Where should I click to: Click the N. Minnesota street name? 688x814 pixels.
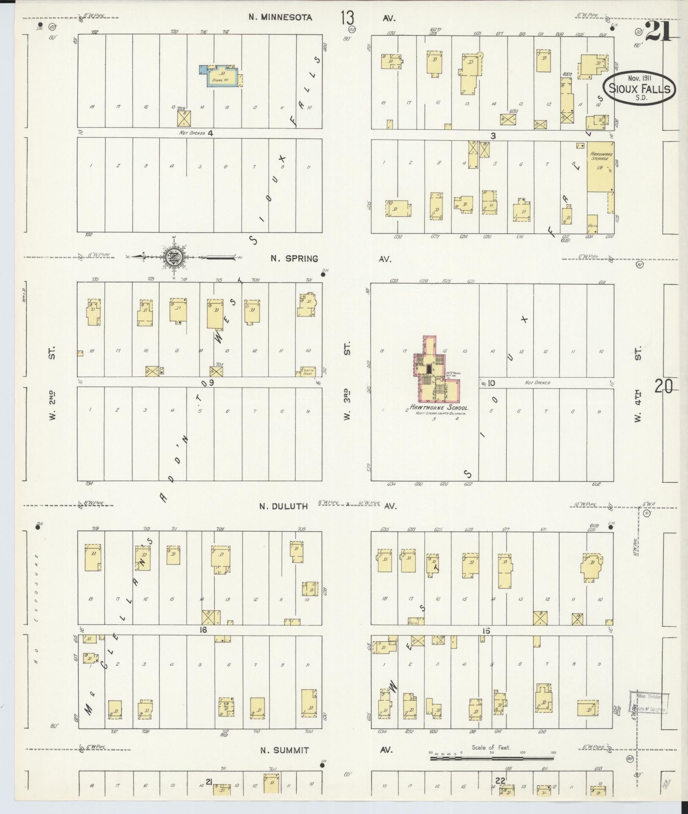[x=280, y=17]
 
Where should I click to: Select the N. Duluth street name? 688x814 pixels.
[x=284, y=506]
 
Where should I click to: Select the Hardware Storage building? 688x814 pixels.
[x=600, y=169]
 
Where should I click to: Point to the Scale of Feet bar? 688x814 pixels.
[x=492, y=758]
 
